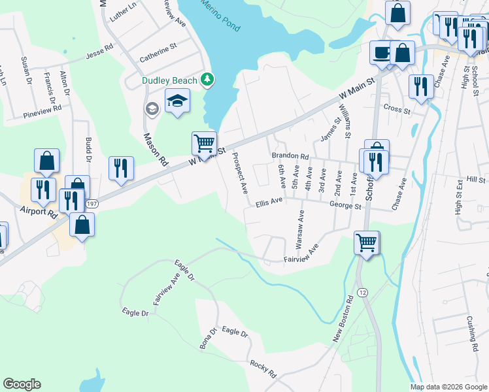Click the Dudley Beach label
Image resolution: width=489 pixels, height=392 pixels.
[x=169, y=81]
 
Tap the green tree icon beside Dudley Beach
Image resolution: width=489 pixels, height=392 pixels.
[x=208, y=80]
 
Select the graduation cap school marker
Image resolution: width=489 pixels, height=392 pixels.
[x=177, y=102]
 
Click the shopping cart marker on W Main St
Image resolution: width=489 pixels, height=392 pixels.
[x=204, y=142]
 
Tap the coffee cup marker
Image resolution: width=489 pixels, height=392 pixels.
[x=381, y=52]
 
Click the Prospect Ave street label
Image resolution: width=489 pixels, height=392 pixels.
[x=240, y=173]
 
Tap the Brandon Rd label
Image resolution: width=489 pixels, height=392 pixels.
[x=290, y=157]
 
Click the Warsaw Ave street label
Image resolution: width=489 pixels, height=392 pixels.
[x=299, y=229]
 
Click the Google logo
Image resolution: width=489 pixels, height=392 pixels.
[x=22, y=384]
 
